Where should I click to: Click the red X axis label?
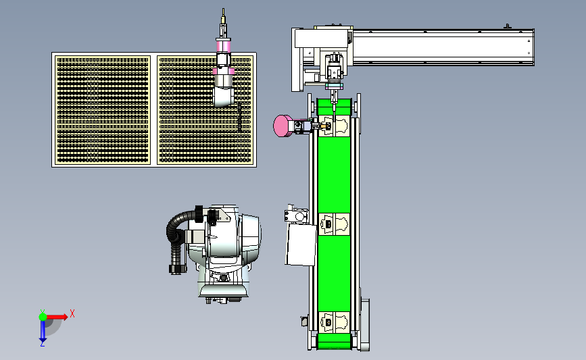72,313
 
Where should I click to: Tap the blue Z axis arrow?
43,331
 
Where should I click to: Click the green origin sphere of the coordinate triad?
43,317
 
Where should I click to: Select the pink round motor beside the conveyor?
283,126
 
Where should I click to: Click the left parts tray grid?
103,110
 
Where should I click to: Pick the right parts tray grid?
205,110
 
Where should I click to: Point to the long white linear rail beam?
443,47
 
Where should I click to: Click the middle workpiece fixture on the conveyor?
334,224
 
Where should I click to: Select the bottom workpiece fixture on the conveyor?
334,322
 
